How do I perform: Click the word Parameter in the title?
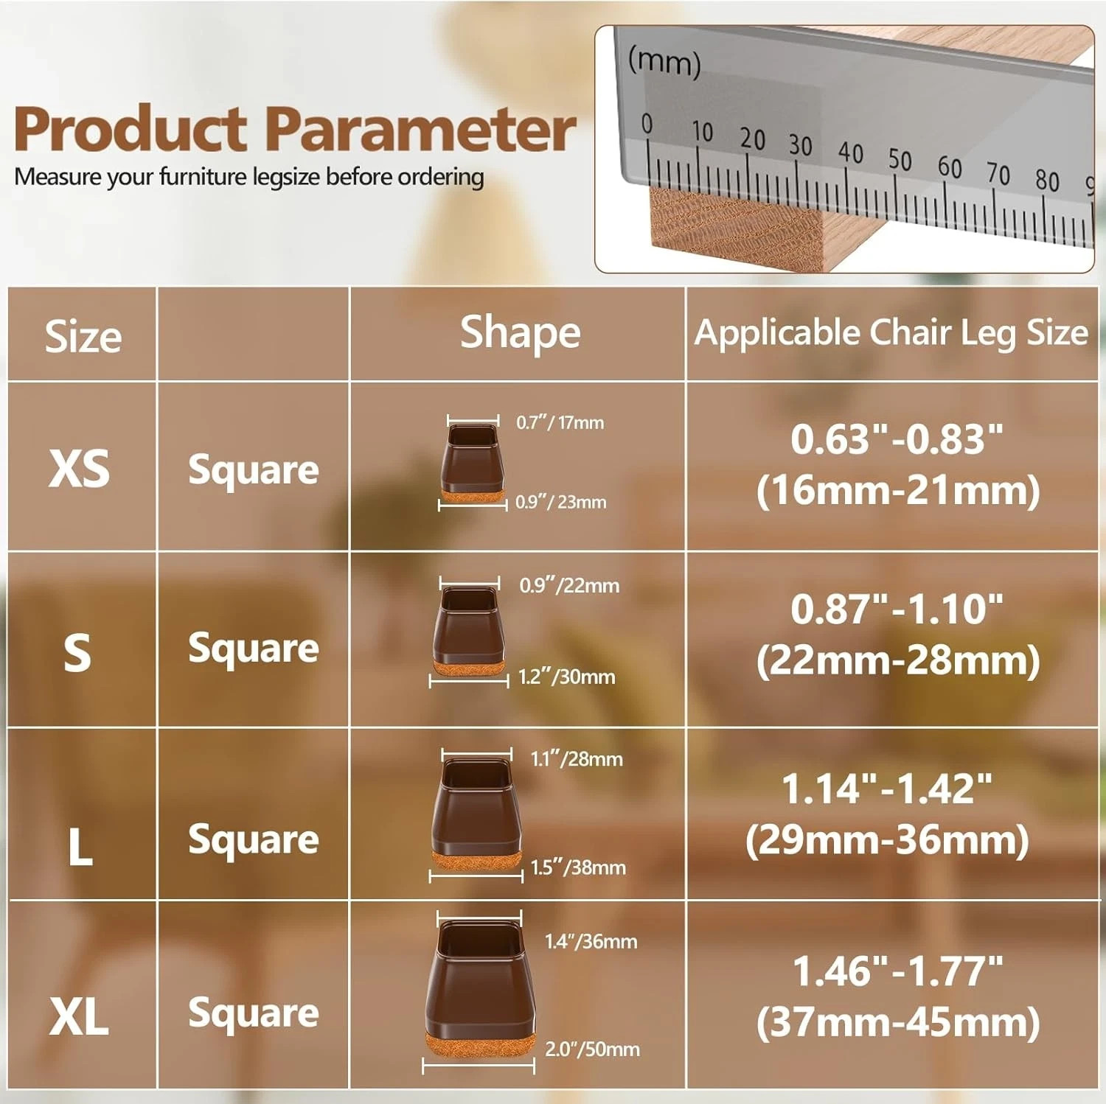tap(420, 129)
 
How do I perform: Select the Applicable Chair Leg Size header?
tap(891, 333)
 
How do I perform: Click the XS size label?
tap(80, 469)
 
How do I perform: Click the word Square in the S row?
tap(254, 649)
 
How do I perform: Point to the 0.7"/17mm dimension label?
tap(560, 423)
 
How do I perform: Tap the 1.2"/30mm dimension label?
tap(566, 677)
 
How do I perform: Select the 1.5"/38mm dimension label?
tap(578, 867)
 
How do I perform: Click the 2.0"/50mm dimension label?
tap(592, 1049)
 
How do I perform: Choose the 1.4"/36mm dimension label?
tap(591, 941)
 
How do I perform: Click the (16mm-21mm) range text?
tap(898, 491)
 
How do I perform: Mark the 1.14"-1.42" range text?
tap(887, 789)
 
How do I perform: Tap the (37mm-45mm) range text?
tap(898, 1022)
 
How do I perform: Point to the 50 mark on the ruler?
tap(900, 159)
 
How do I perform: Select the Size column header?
tap(83, 337)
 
